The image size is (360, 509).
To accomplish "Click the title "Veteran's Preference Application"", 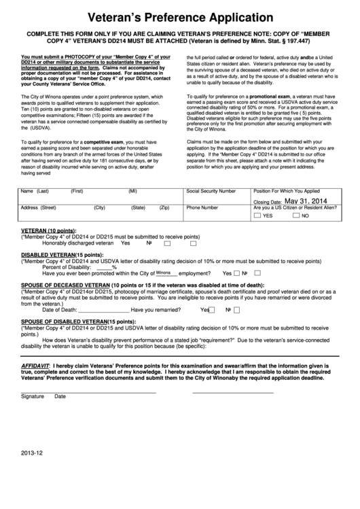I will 179,17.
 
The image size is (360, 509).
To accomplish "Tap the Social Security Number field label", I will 211,192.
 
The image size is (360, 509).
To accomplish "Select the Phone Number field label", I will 202,207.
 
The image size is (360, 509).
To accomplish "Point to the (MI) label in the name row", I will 132,192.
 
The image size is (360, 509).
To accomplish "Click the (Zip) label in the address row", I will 164,207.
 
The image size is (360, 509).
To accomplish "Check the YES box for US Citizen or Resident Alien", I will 257,215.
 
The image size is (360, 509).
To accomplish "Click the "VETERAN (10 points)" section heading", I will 49,231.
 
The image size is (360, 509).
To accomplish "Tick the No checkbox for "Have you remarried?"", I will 238,310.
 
